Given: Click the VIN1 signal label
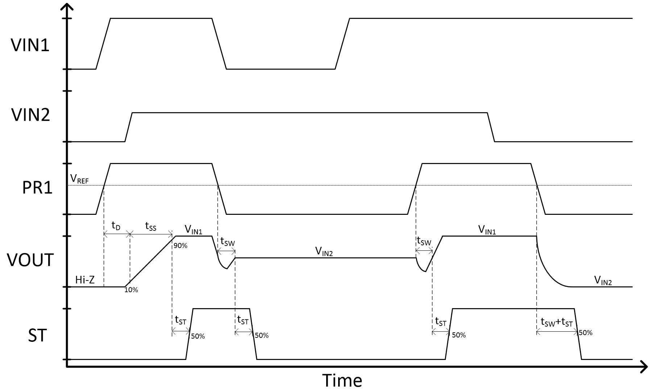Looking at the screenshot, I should click(x=30, y=46).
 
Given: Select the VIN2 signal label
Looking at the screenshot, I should click(x=30, y=115).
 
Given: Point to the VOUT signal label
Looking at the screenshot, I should click(x=30, y=260).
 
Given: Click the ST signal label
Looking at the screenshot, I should click(x=37, y=336).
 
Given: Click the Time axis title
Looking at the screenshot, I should click(x=342, y=380).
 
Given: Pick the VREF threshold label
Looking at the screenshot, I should click(x=79, y=179).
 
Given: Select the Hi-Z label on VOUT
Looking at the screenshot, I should click(x=85, y=279).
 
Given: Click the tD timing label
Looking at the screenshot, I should click(x=116, y=226).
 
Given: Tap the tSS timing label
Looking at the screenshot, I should click(x=150, y=227).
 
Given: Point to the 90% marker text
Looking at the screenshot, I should click(x=180, y=246).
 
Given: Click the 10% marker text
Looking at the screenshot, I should click(x=131, y=290).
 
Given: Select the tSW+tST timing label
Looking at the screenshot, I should click(x=556, y=322).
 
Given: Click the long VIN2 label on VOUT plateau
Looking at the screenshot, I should click(x=324, y=251).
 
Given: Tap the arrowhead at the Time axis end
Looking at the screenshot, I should click(x=644, y=367).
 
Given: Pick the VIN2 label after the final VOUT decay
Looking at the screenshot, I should click(x=603, y=280).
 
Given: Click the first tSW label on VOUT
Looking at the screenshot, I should click(x=227, y=242).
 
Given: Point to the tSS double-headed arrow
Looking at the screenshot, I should click(x=151, y=235).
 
